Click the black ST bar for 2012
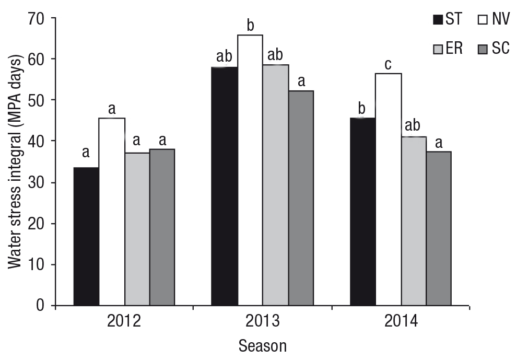86,237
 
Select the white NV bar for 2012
112,212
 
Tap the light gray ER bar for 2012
137,229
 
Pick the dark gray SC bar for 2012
162,227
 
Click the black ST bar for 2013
225,186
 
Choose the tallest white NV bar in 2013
250,170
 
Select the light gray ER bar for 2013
276,185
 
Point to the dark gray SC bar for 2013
301,198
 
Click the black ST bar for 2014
362,212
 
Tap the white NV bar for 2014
389,189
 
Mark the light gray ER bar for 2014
414,221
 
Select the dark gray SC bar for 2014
439,228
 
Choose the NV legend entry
494,19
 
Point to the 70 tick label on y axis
36,20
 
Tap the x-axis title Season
263,346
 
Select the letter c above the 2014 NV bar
389,65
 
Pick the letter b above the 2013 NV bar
251,25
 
